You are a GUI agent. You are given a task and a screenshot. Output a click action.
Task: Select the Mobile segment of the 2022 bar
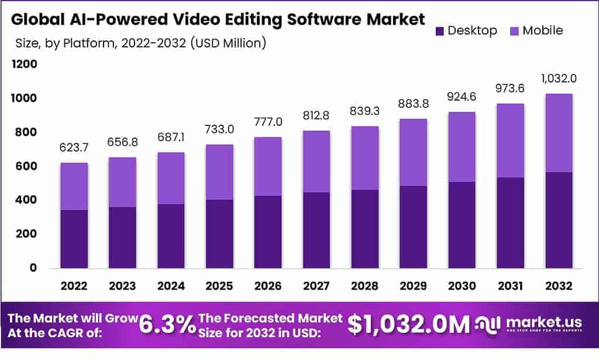[74, 186]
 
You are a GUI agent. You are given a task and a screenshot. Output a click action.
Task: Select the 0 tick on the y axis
[33, 268]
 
